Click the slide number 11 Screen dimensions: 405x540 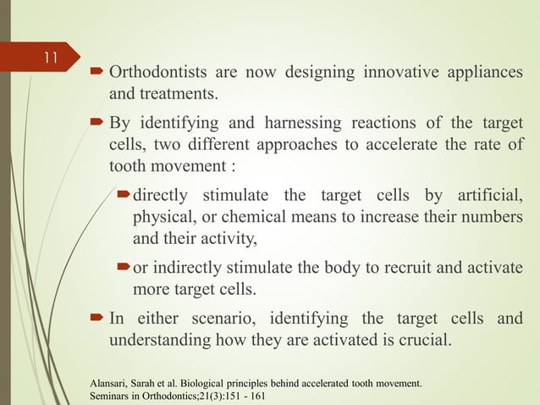tap(50, 58)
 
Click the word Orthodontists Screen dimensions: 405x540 tap(157, 72)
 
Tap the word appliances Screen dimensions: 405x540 tap(482, 72)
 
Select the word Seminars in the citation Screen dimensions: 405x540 tap(113, 397)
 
